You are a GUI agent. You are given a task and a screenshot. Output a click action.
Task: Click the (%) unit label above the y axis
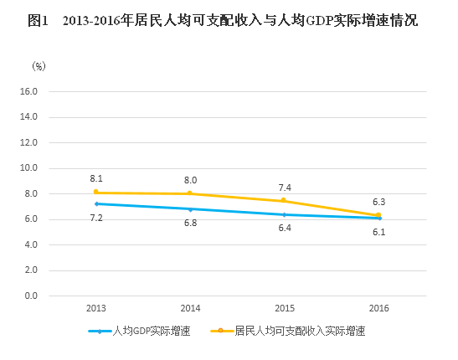tap(39, 64)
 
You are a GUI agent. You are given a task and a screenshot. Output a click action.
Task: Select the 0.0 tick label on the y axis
tap(31, 296)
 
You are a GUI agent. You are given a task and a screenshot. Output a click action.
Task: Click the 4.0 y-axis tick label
tap(31, 245)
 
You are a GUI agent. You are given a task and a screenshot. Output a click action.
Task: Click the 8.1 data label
tap(96, 178)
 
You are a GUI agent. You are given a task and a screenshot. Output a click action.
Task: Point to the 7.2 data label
tap(96, 218)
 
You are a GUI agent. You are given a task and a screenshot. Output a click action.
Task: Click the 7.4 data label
tap(285, 188)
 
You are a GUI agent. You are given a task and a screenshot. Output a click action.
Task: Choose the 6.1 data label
tap(378, 232)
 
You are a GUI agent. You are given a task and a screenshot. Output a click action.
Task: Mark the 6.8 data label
tap(190, 223)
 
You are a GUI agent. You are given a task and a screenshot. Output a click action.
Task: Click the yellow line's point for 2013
tap(96, 193)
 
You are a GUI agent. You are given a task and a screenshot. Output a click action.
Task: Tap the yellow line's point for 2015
tap(285, 201)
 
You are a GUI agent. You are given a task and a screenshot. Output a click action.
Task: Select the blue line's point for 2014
tap(190, 208)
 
